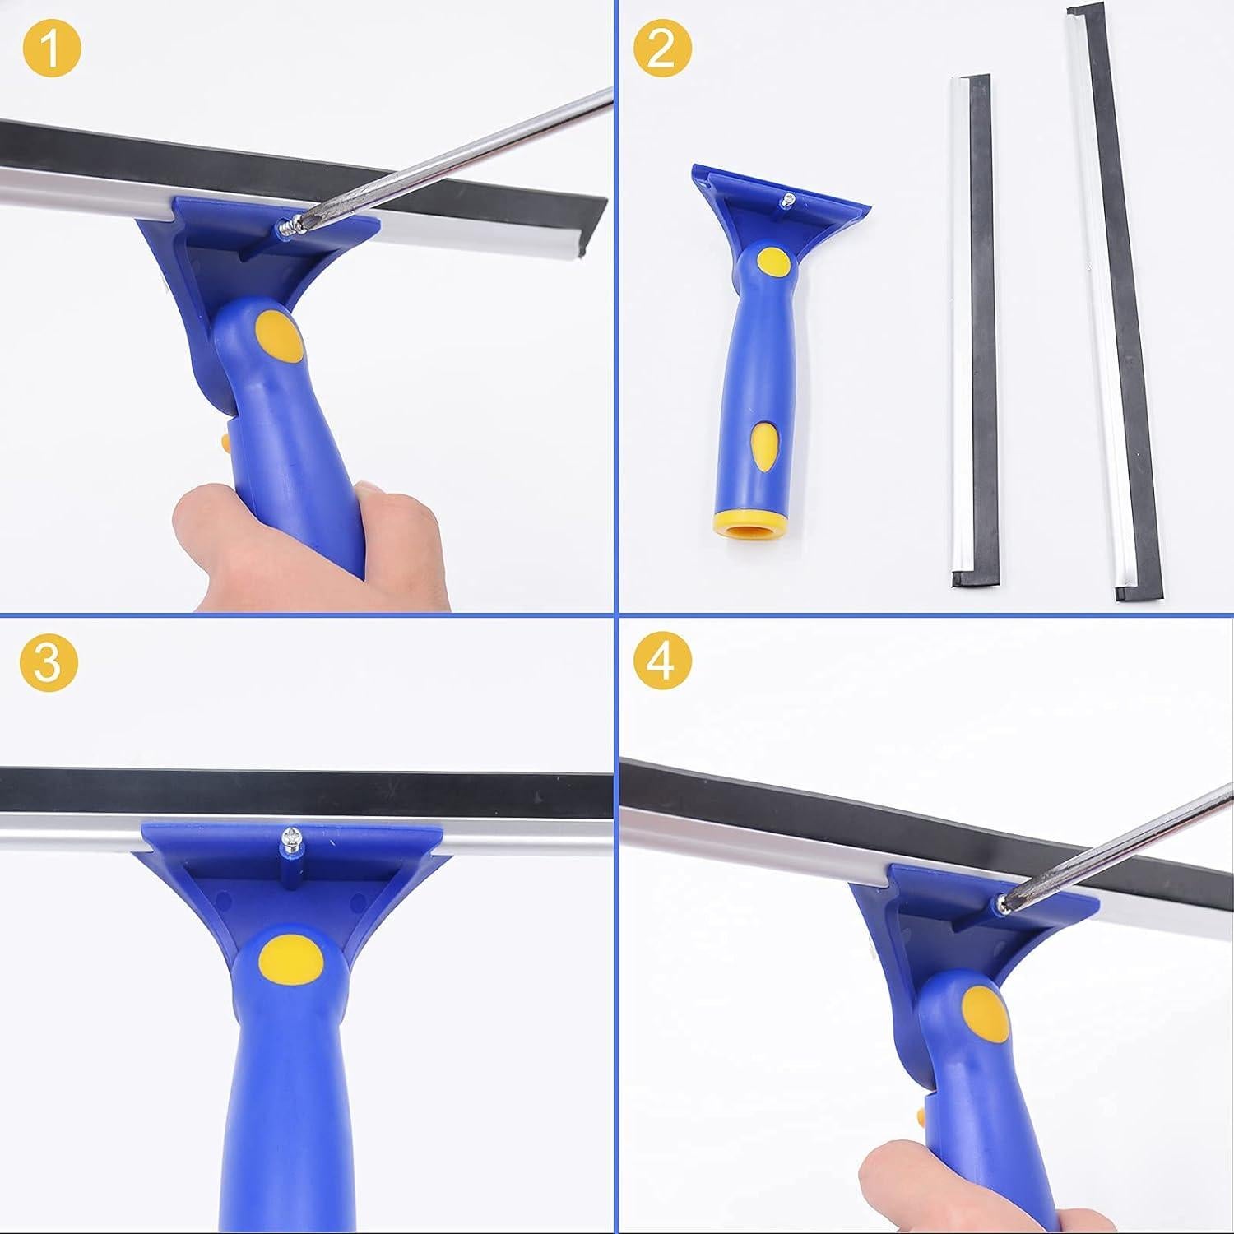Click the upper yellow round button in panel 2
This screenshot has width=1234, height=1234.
click(772, 262)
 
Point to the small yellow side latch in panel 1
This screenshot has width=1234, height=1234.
click(224, 443)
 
